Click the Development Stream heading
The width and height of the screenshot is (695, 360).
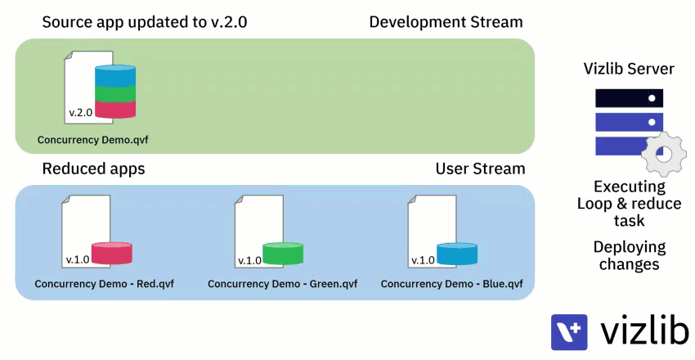[446, 22]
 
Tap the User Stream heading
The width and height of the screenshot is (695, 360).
[481, 169]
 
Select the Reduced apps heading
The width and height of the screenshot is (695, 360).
[93, 169]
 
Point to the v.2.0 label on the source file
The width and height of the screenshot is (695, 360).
[81, 113]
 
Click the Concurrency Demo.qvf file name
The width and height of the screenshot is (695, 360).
[92, 140]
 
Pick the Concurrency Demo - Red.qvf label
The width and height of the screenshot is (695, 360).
[104, 284]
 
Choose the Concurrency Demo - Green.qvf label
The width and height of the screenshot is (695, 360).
[282, 284]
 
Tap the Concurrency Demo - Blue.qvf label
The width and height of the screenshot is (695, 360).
[451, 284]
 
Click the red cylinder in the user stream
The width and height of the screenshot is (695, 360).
[112, 253]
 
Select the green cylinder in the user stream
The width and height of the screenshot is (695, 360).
[283, 253]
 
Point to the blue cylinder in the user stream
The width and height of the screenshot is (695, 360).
[457, 254]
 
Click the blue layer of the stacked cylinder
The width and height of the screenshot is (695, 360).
[115, 75]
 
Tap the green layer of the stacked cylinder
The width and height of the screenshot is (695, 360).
[115, 93]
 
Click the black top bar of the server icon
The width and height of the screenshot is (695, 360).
[629, 98]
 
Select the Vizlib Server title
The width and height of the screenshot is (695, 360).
[629, 69]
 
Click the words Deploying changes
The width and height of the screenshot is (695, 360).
[630, 255]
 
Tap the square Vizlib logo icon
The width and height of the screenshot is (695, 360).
[569, 332]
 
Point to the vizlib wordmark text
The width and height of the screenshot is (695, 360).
[644, 330]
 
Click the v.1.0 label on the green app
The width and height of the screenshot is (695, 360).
[249, 261]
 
